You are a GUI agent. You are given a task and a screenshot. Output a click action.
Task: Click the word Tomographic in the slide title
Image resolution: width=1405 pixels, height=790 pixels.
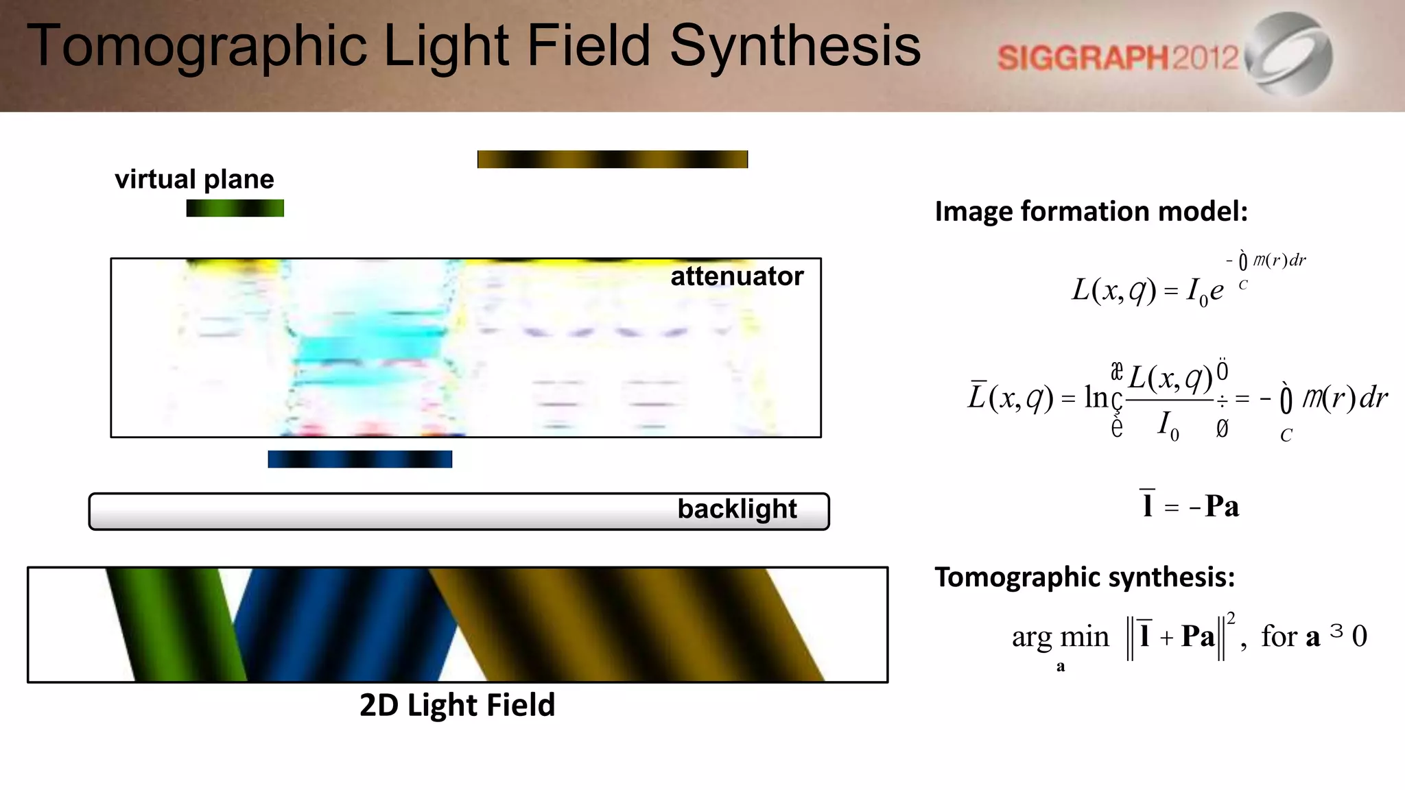click(197, 47)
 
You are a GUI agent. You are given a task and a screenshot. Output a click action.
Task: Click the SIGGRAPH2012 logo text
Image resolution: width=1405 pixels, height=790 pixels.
click(1118, 58)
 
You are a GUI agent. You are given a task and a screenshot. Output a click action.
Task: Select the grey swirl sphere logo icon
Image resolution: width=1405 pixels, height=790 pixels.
click(1289, 53)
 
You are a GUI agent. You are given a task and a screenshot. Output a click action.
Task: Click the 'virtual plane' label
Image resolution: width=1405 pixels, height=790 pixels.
click(194, 179)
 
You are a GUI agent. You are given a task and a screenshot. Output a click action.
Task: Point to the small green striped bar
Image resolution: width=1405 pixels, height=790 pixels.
click(235, 208)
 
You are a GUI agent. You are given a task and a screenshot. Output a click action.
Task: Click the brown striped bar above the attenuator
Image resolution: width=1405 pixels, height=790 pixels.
click(612, 159)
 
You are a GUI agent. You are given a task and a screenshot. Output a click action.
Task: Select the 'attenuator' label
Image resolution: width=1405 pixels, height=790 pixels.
click(737, 276)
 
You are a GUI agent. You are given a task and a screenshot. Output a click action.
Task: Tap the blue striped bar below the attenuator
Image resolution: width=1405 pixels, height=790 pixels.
click(359, 459)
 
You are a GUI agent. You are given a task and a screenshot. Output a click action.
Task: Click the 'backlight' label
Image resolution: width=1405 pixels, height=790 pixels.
click(737, 509)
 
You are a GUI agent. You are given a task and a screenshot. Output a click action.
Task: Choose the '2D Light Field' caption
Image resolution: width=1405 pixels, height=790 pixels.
click(457, 705)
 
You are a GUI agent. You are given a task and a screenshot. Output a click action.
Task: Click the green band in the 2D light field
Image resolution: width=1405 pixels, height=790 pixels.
click(175, 624)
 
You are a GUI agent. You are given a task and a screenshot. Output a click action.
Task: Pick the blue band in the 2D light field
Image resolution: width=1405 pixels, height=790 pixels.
click(343, 624)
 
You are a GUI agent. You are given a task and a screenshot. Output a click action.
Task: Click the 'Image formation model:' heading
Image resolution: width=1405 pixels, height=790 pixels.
click(1091, 211)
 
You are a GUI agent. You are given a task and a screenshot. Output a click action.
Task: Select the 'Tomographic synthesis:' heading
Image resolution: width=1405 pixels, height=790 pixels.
click(1085, 577)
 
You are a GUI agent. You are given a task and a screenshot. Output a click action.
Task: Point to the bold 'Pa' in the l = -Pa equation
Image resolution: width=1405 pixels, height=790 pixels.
click(1222, 506)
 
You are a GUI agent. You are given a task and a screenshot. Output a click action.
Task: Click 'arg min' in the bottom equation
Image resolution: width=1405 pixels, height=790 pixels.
click(1060, 637)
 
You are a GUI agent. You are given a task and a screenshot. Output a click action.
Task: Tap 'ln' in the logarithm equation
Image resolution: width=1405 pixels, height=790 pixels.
click(1096, 397)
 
